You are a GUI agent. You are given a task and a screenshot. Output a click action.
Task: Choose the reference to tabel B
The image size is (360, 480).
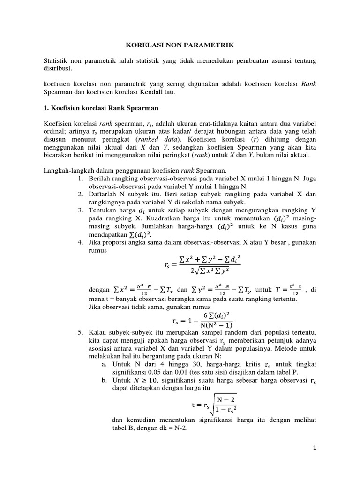pyautogui.click(x=128, y=428)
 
